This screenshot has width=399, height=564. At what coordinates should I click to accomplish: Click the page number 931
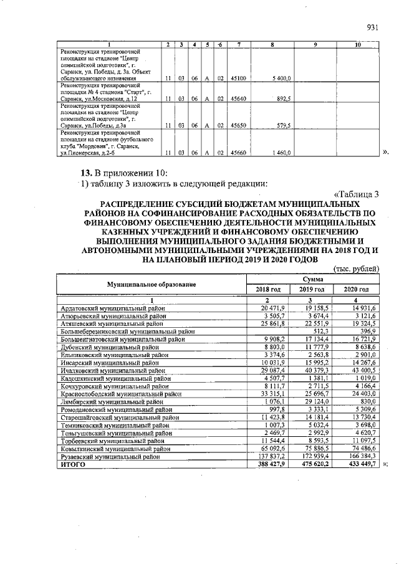point(373,27)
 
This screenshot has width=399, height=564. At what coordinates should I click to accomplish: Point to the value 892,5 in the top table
point(283,98)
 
